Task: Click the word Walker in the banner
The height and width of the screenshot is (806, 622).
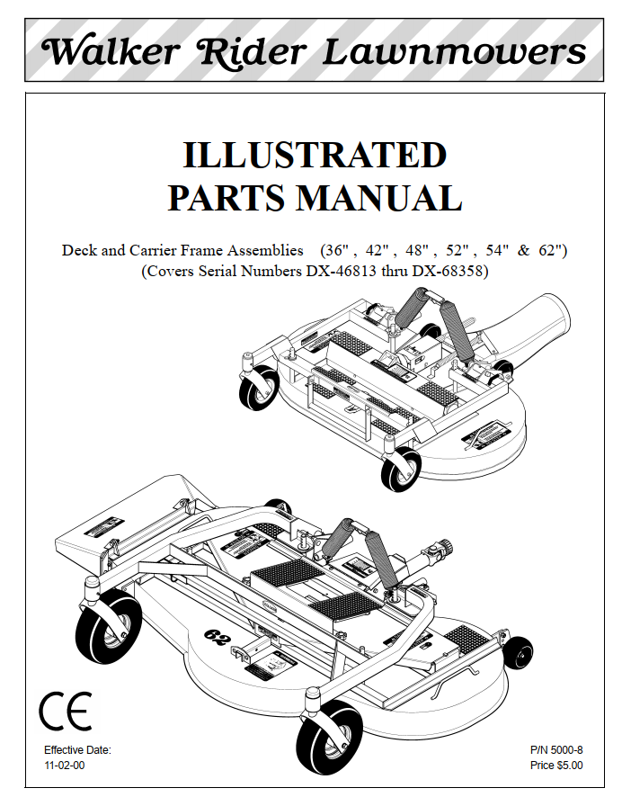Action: click(111, 51)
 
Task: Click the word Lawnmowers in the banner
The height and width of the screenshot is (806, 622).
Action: click(454, 51)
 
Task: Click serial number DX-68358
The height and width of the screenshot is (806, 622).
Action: click(448, 271)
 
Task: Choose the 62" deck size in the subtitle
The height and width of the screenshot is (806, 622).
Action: click(553, 250)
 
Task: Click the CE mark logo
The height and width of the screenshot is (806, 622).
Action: click(66, 711)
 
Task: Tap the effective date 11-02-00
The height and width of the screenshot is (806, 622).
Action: click(65, 765)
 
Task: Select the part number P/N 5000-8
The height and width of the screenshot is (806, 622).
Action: click(556, 750)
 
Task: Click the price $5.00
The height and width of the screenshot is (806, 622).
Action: click(570, 765)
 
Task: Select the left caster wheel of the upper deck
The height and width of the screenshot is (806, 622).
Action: click(258, 388)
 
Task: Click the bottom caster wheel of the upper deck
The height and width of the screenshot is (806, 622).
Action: click(401, 469)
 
